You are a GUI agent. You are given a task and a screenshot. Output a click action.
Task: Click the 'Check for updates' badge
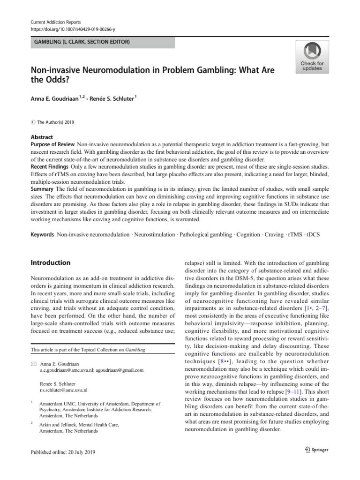312,57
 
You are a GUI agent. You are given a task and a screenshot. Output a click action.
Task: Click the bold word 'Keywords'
43,234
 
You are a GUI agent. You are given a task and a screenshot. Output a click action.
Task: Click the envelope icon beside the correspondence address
34,364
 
